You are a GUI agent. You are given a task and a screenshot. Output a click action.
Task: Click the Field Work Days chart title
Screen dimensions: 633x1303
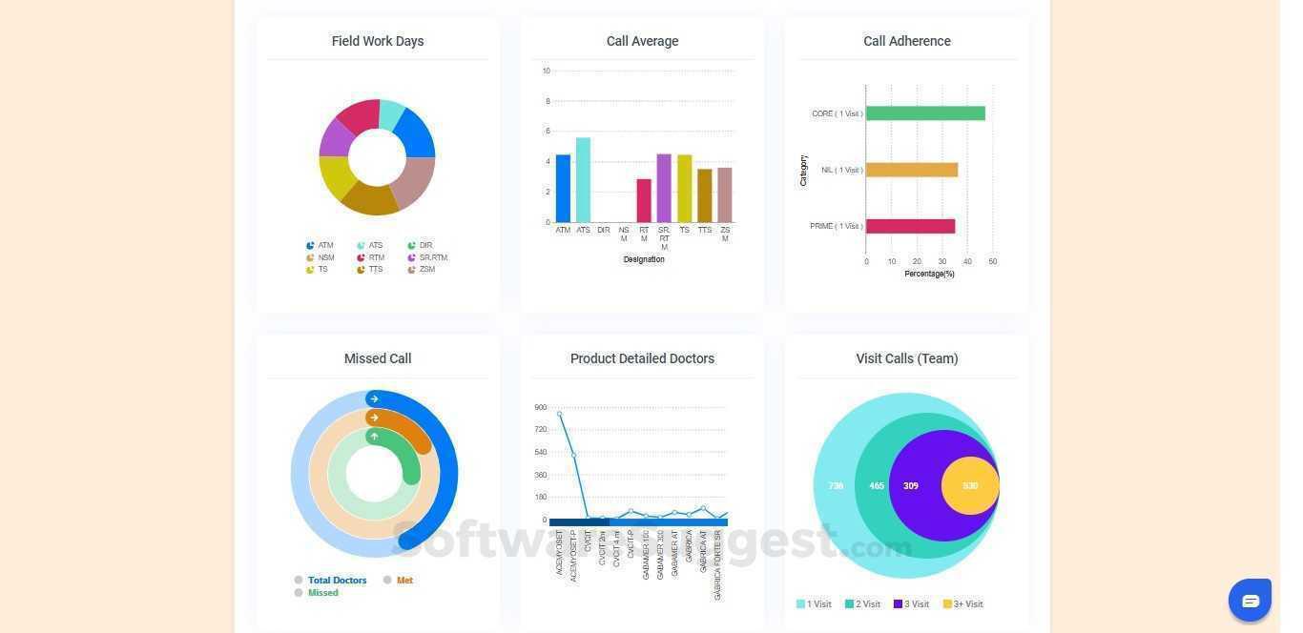[378, 41]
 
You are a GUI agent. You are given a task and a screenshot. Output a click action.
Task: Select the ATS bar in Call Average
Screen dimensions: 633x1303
[583, 180]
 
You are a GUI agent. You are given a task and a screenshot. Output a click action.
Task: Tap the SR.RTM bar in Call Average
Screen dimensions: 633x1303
[664, 188]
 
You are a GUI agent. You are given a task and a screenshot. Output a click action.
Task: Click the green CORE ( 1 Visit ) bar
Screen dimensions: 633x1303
[925, 113]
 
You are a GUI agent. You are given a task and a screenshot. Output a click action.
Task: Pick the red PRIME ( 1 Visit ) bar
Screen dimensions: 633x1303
[910, 226]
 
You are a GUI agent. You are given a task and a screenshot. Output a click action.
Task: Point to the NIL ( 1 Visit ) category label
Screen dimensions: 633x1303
[841, 170]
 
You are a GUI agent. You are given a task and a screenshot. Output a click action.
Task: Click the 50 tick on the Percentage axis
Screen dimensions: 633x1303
[993, 261]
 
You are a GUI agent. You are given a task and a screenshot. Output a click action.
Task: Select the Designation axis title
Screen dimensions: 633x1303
[644, 259]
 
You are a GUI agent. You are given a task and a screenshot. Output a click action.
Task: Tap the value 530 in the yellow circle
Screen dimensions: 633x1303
[970, 486]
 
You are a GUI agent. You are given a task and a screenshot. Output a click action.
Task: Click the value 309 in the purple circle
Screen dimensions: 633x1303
[911, 486]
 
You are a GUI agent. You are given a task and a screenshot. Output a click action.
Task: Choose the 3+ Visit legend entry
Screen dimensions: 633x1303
[963, 603]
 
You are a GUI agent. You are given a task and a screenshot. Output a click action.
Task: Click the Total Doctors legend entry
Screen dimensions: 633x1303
[337, 580]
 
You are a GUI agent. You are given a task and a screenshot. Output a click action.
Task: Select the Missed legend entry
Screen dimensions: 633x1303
[322, 593]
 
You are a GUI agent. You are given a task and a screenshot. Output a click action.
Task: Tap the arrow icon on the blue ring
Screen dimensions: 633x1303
[374, 398]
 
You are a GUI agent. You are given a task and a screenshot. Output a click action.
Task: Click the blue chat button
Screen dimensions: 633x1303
[1251, 601]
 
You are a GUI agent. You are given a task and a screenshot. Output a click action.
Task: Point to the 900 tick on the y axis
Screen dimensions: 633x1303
[541, 408]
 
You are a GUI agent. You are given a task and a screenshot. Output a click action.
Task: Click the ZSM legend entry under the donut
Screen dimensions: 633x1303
[426, 270]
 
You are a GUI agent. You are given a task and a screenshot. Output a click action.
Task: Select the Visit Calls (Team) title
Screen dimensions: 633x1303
[907, 358]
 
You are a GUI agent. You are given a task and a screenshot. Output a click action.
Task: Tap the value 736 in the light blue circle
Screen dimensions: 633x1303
[836, 486]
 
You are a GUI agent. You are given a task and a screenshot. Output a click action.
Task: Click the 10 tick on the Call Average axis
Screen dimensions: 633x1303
[546, 71]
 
